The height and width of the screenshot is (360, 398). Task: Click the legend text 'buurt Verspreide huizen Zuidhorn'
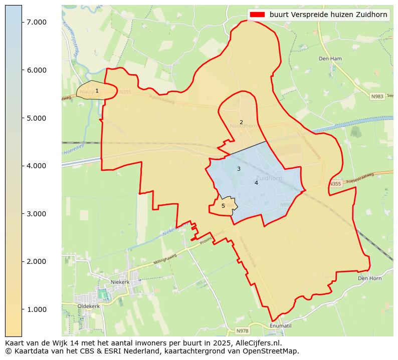coord(328,15)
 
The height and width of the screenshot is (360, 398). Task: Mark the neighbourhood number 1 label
coord(97,91)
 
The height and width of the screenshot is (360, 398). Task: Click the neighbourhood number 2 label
coord(241,122)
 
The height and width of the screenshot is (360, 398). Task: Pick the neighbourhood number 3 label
coord(239,169)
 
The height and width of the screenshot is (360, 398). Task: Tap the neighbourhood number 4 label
coord(256,183)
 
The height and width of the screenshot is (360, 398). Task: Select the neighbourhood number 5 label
coord(223,206)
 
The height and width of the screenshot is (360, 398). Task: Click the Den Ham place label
coord(330,59)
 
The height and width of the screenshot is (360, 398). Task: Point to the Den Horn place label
coord(369,278)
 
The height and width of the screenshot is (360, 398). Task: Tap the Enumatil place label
coord(280,326)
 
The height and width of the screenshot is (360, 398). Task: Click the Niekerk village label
coord(120,282)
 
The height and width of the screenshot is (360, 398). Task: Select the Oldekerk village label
coord(89,306)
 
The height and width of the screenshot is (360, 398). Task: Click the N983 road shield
coord(377,96)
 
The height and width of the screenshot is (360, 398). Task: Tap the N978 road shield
coord(243,331)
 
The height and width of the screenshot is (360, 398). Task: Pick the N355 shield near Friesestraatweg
coord(335,184)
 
